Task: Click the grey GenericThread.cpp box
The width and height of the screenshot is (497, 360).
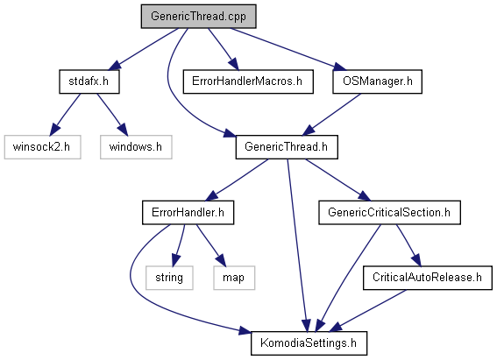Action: pos(198,16)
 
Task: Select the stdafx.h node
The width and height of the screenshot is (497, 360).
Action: pos(89,81)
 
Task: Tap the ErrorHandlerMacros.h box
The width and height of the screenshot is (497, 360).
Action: pos(248,81)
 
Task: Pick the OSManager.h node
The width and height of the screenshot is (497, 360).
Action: pos(377,81)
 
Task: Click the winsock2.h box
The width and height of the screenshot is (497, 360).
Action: pos(42,147)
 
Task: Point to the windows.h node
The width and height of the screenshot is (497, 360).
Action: pos(136,147)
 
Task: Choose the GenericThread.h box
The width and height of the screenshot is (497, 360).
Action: pos(287,147)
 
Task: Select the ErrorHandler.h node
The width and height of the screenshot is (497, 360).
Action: pos(188,213)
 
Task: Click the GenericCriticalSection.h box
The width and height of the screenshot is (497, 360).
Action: pos(389,213)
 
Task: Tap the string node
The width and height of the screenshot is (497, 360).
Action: pos(169,278)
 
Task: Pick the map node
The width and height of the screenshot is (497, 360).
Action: pos(234,278)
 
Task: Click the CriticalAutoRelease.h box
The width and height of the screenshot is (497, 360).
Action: pos(427,278)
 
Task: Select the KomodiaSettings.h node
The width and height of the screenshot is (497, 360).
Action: pos(309,343)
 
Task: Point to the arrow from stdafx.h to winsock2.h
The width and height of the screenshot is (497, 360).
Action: pos(65,114)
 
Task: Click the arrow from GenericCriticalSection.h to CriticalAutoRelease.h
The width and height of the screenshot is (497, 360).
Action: pos(408,245)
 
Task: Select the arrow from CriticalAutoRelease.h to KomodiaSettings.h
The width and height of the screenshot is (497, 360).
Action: pos(367,311)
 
